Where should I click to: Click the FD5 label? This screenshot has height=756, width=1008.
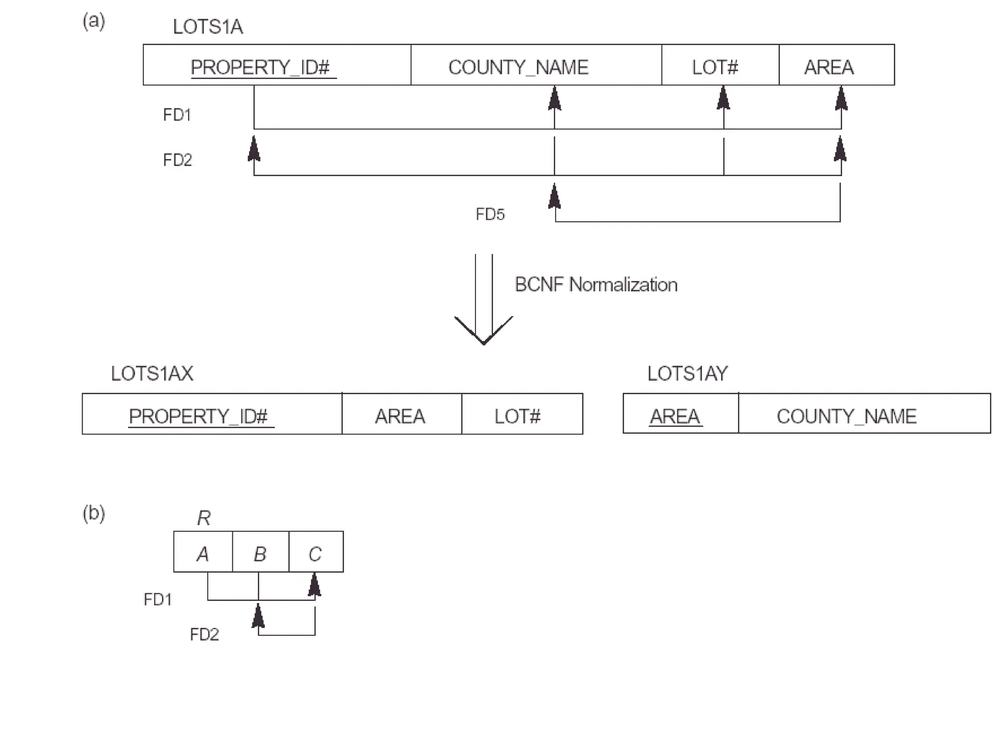(x=490, y=215)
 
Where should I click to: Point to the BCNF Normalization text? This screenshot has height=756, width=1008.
(x=596, y=285)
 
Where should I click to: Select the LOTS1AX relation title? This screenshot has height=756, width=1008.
(x=152, y=374)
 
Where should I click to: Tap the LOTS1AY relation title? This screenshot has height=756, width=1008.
(x=687, y=374)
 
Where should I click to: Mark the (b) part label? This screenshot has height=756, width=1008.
(x=94, y=513)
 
